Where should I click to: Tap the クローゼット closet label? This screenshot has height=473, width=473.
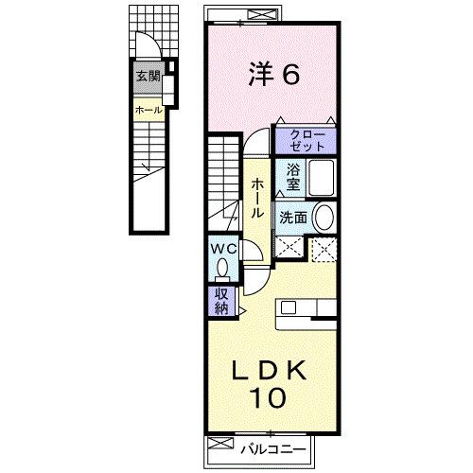pyautogui.click(x=306, y=140)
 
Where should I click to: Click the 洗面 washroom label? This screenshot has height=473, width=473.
pyautogui.click(x=292, y=218)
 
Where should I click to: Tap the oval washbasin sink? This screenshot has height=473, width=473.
pyautogui.click(x=324, y=217)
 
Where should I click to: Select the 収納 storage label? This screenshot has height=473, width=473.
pyautogui.click(x=220, y=302)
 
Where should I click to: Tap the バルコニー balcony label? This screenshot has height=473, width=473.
pyautogui.click(x=264, y=445)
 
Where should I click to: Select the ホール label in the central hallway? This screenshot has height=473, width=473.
pyautogui.click(x=257, y=200)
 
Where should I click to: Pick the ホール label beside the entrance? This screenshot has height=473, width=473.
pyautogui.click(x=149, y=110)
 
